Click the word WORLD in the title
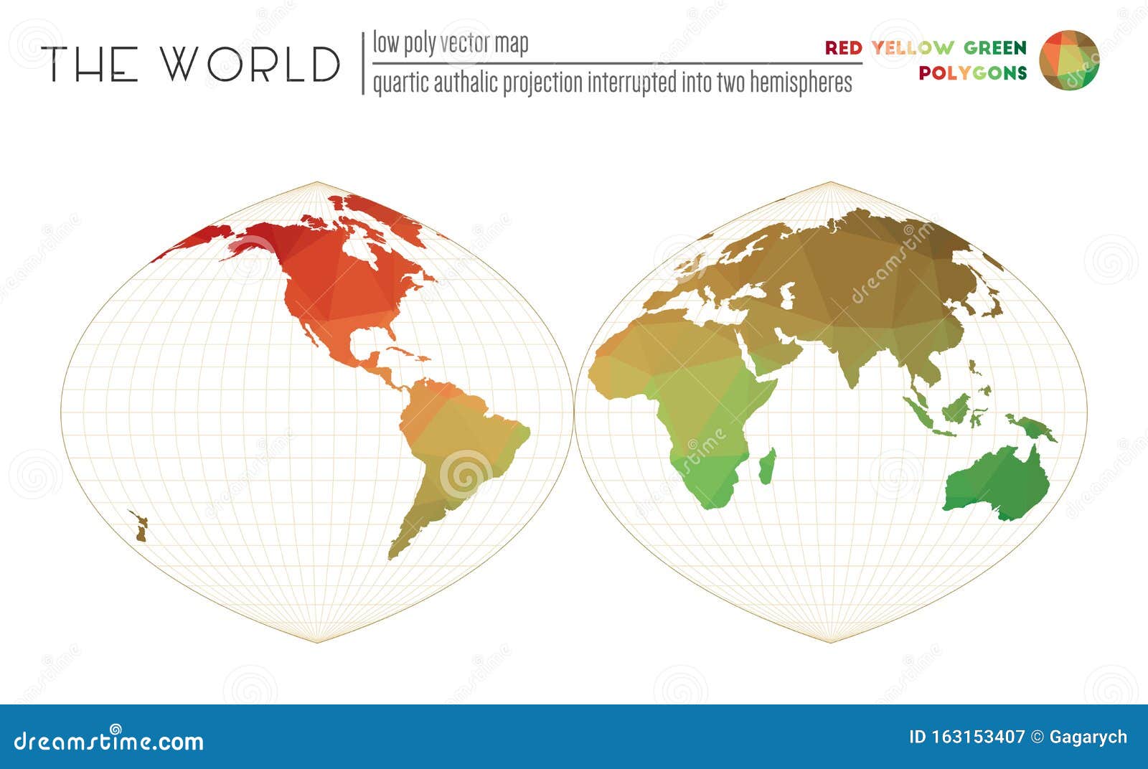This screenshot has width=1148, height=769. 250,64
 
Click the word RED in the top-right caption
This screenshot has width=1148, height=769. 843,48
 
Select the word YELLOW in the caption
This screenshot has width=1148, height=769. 913,48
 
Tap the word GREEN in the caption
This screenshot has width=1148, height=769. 994,48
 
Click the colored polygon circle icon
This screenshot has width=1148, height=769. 1069,60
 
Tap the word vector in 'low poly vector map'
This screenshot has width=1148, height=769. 466,44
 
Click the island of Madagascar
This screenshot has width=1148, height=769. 767,466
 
